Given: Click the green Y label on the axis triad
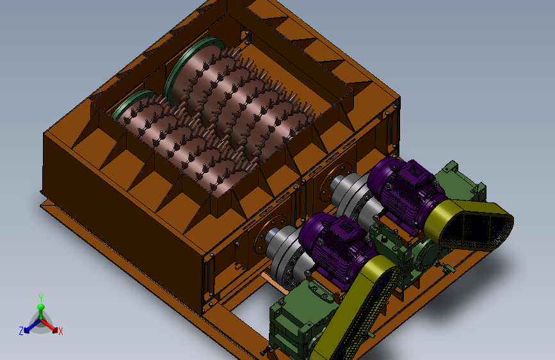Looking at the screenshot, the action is click(x=41, y=298).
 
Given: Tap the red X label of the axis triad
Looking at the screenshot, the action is click(x=61, y=332).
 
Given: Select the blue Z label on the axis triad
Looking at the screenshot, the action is click(x=21, y=331).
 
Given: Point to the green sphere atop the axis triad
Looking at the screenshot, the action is click(x=41, y=307).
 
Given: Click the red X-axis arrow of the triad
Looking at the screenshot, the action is click(x=49, y=325).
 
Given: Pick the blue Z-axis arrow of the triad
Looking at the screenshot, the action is click(x=31, y=326).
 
